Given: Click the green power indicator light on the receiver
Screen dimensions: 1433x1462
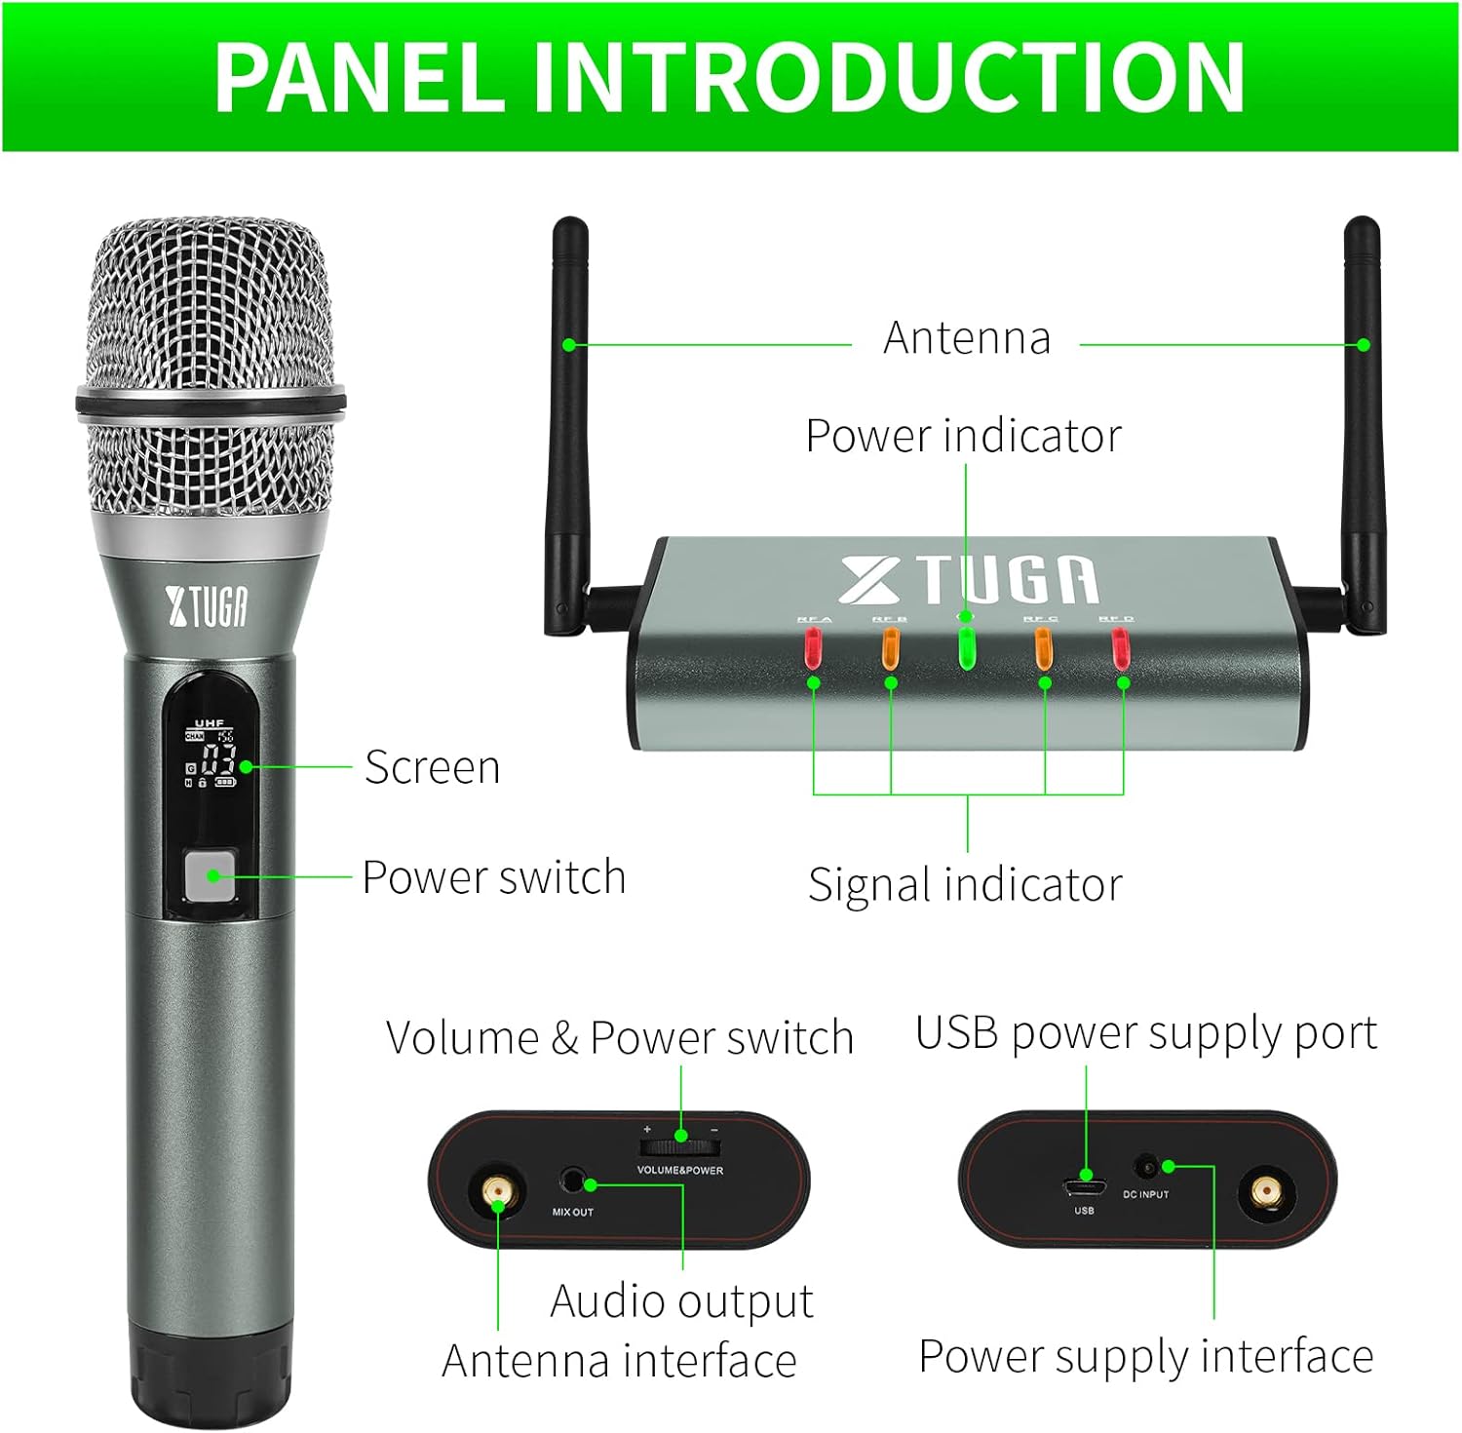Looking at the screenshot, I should (966, 647).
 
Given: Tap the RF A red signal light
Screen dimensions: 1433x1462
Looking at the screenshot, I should (812, 648).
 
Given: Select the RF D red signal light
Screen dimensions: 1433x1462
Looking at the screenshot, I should (1121, 648).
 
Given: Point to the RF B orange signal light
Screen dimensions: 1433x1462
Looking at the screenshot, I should (890, 648).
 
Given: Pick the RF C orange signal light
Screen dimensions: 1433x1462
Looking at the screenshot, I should (1043, 648).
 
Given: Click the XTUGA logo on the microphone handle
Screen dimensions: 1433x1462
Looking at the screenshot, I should (207, 606).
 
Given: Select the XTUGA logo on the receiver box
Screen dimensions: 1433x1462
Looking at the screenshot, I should (969, 580).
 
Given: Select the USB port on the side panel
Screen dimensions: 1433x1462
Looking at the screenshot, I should (1084, 1186).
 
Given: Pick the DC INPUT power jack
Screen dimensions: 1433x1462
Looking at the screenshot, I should (1147, 1167).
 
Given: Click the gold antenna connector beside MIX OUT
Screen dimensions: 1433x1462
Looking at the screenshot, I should (497, 1191).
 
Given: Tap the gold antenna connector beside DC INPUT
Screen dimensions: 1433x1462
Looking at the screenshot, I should (1266, 1190).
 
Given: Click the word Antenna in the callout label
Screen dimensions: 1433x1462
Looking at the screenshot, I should (967, 339).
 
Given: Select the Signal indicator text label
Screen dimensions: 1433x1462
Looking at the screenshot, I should (965, 885).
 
